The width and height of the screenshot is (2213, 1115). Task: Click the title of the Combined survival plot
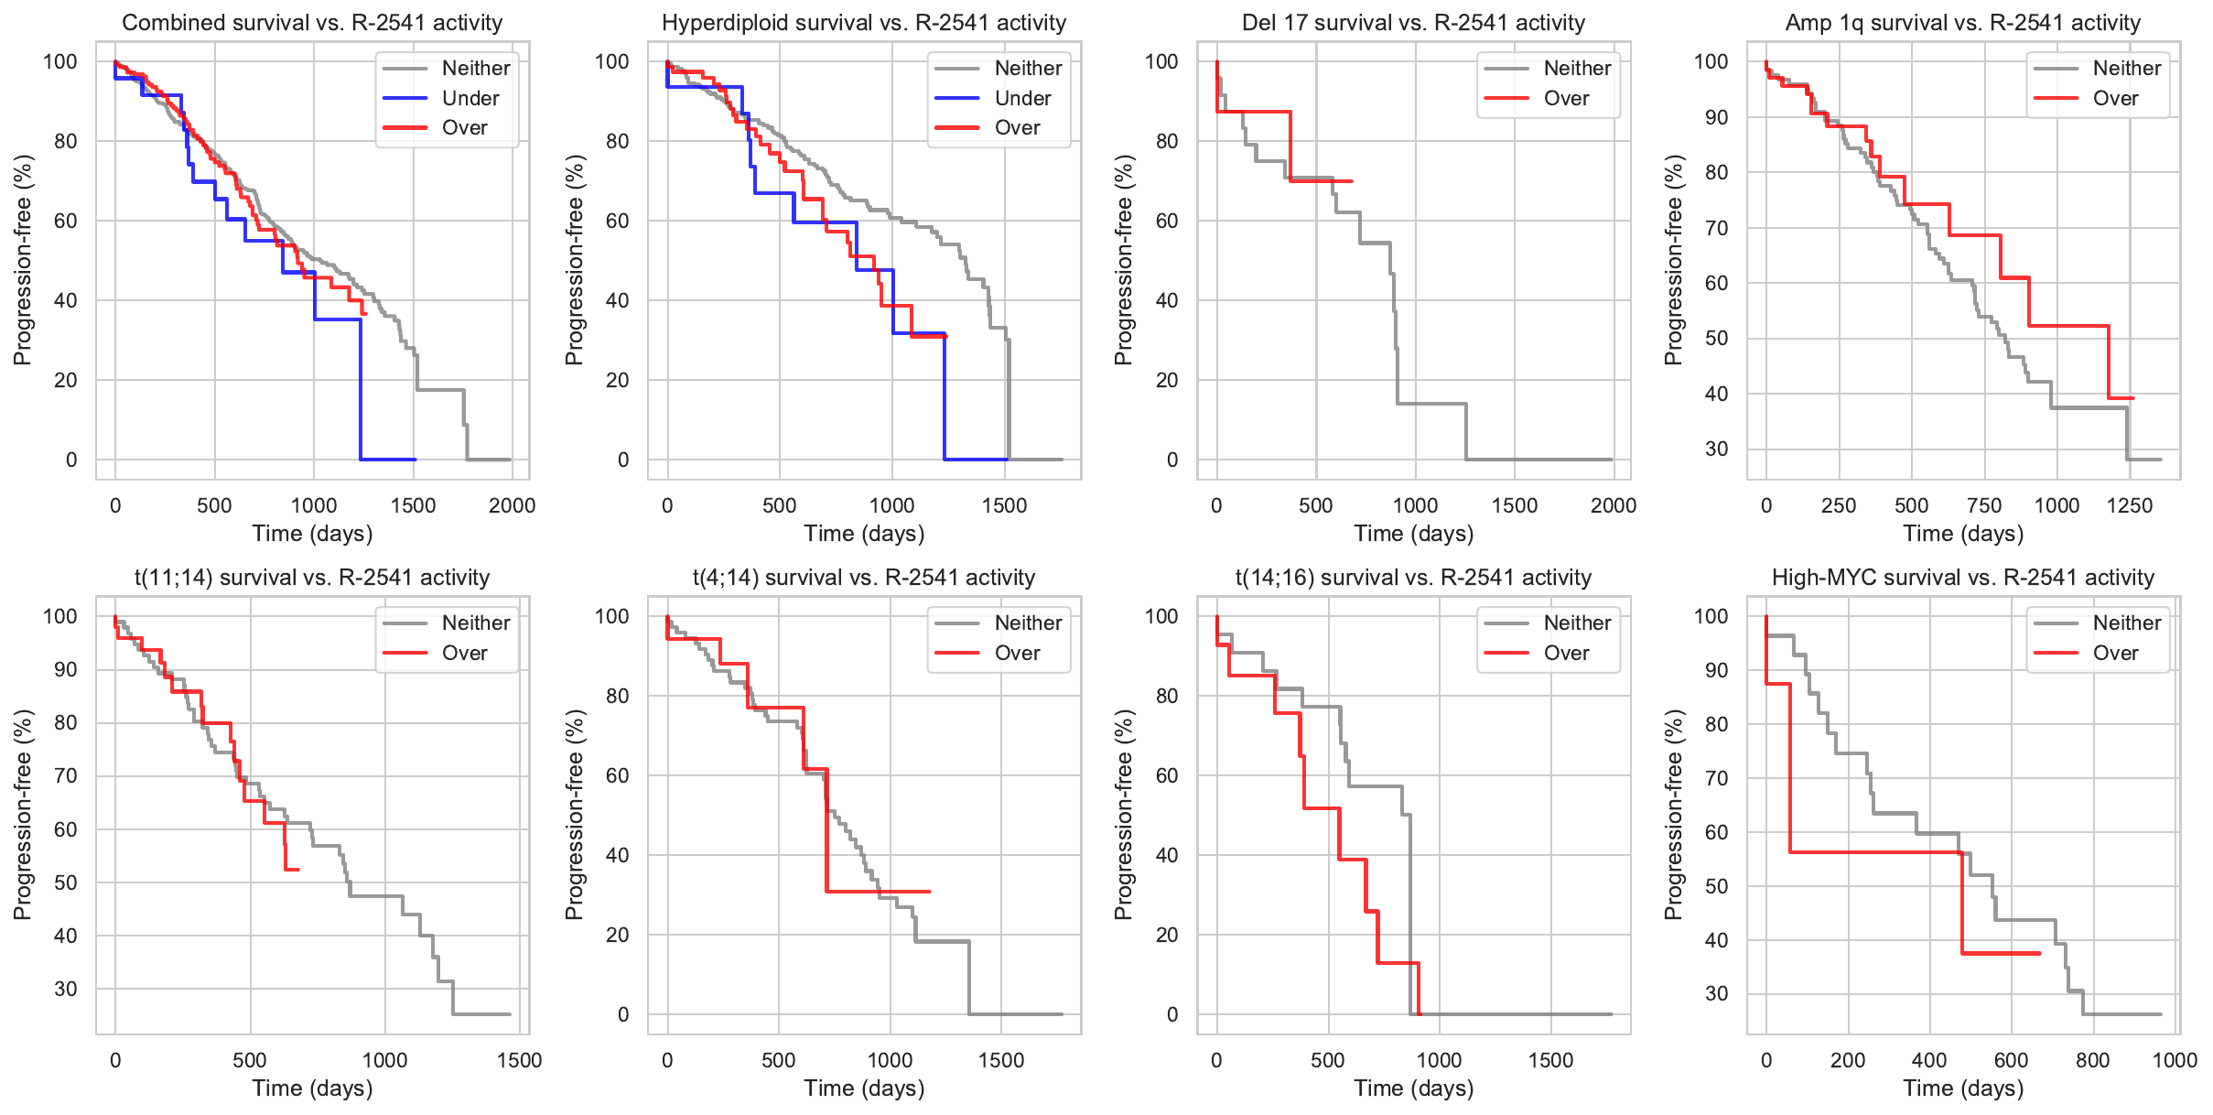[x=312, y=23]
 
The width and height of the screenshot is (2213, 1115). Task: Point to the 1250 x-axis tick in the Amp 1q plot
[x=2129, y=505]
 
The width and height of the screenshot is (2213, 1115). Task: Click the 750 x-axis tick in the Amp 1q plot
[x=1984, y=505]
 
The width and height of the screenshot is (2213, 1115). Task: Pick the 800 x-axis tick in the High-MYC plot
[x=2092, y=1060]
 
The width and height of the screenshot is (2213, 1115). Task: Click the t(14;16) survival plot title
[x=1413, y=578]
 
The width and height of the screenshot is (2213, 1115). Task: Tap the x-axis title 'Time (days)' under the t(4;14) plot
[x=864, y=1088]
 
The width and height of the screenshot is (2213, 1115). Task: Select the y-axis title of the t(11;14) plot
[x=23, y=815]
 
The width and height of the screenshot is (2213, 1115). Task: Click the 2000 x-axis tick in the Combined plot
[x=512, y=505]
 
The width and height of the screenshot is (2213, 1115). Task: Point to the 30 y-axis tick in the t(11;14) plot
[x=66, y=989]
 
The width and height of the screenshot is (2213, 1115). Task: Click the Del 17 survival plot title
[x=1413, y=23]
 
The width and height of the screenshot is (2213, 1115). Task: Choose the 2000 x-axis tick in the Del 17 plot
[x=1613, y=505]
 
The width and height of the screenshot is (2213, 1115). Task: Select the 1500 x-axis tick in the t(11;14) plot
[x=519, y=1060]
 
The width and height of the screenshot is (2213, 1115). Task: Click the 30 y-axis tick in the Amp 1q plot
[x=1716, y=449]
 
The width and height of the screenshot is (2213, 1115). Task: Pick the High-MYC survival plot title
[x=1962, y=578]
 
